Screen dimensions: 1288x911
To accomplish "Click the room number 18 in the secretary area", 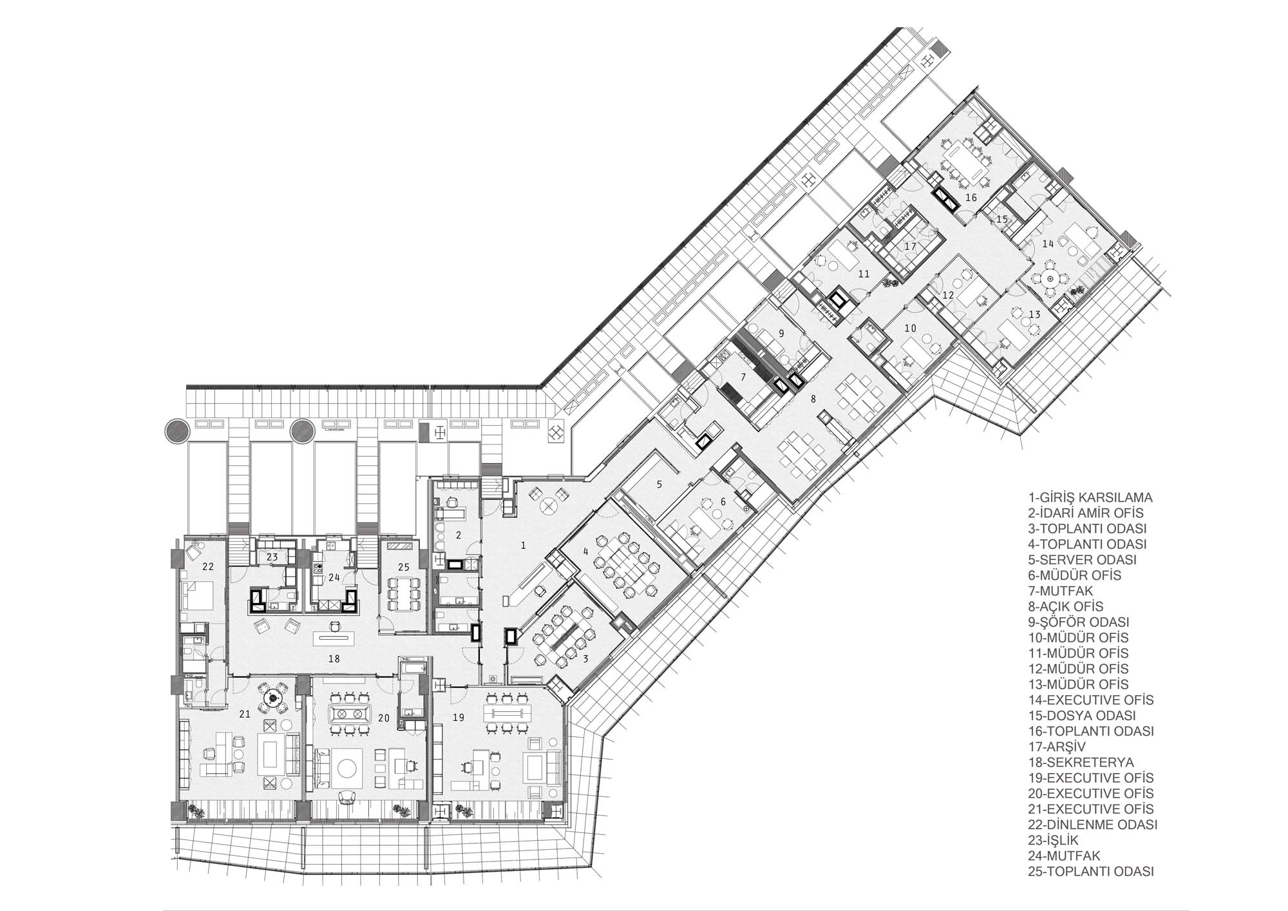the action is coord(334,659).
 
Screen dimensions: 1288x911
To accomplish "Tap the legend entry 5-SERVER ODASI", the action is coord(1082,560).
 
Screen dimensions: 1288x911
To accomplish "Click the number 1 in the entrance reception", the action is coord(524,546).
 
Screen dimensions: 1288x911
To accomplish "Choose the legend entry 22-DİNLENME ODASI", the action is coord(1093,825).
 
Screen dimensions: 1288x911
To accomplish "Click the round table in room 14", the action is coord(1050,278).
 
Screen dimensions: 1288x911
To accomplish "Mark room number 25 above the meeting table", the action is coord(404,568).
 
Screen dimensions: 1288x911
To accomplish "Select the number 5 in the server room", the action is coord(659,484).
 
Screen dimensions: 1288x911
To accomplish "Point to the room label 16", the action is coord(971,197).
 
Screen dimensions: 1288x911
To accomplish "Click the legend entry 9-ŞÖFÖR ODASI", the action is coord(1079,622).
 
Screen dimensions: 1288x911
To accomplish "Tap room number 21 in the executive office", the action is coord(245,714).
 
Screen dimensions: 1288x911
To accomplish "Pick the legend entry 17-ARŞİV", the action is coord(1057,747).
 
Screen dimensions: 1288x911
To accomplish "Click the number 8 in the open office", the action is coord(813,399).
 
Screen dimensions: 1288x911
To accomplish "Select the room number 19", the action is coord(459,716).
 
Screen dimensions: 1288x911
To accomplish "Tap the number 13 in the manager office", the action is coord(1034,314).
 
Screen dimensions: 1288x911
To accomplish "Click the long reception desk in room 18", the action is coord(333,638).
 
